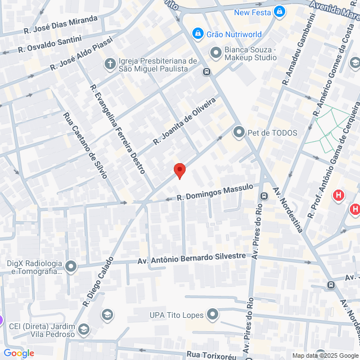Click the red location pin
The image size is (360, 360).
[x=179, y=170]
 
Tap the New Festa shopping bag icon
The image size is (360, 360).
[x=280, y=12]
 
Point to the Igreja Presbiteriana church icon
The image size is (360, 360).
[x=110, y=64]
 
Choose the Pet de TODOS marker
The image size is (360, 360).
[x=239, y=133]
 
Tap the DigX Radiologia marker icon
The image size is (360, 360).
[x=71, y=266]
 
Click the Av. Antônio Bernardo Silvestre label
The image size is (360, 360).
[x=192, y=258]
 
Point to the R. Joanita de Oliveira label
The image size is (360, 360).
[x=184, y=121]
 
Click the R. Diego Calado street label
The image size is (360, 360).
[x=98, y=283]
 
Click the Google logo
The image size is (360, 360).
[x=19, y=353]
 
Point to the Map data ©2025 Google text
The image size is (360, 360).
[x=325, y=355]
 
